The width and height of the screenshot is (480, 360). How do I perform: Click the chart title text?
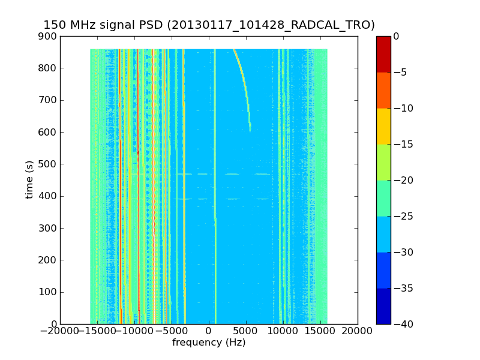click(x=209, y=25)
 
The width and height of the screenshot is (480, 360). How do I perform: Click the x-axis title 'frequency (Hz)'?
click(x=209, y=343)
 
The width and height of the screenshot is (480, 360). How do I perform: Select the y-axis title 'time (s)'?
click(x=29, y=180)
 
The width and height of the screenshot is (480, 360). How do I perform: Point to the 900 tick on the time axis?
click(x=50, y=37)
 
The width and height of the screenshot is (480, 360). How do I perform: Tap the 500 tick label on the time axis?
click(x=50, y=164)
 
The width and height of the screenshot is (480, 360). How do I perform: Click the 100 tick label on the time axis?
click(x=50, y=292)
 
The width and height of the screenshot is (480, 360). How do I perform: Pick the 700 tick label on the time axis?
click(x=50, y=100)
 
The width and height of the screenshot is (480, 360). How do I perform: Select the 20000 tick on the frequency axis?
click(x=358, y=331)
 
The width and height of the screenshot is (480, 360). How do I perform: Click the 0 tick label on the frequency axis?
click(x=209, y=331)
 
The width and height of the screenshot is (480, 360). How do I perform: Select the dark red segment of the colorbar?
click(x=383, y=54)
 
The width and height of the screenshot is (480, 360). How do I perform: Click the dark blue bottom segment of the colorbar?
click(x=383, y=306)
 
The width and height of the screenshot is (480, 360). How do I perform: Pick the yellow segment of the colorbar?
click(x=383, y=126)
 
